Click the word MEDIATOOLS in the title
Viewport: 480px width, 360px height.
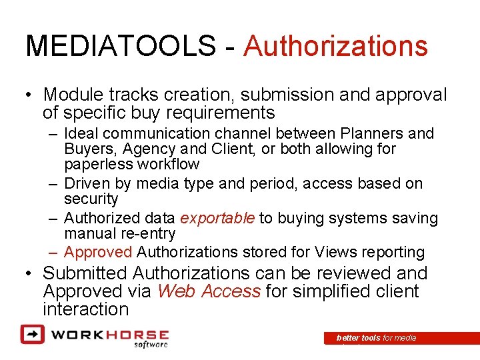(x=120, y=47)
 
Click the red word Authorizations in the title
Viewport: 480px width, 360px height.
(x=335, y=47)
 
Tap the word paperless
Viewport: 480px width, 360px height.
(x=97, y=164)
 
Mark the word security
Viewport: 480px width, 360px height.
(x=91, y=199)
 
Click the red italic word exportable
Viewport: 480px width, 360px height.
(x=217, y=218)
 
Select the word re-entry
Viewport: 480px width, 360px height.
(x=146, y=233)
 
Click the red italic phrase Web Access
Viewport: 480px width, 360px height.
(x=208, y=291)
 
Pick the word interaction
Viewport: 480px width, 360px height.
(x=85, y=309)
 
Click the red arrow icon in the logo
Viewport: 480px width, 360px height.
(x=32, y=333)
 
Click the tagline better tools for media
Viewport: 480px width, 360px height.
(x=376, y=338)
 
